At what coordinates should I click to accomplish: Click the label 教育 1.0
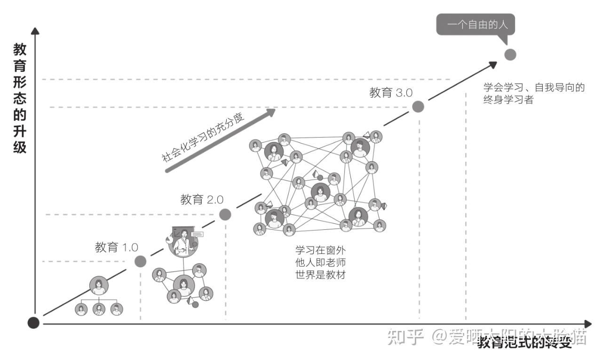coord(116,248)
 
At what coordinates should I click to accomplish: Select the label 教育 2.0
coord(202,200)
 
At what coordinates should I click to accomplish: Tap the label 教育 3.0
coord(391,93)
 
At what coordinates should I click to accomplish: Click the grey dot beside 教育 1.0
coord(141,261)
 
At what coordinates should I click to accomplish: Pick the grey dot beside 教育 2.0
coord(225,215)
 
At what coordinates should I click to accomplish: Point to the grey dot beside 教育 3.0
coord(418,107)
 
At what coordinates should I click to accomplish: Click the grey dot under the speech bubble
coord(510,55)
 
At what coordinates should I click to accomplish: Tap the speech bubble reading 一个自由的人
coord(475,23)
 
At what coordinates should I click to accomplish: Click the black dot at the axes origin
coord(33,323)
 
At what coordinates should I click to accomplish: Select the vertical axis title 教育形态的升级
coord(20,98)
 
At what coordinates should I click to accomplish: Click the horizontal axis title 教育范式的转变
coord(524,343)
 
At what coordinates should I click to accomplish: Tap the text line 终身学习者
coord(508,100)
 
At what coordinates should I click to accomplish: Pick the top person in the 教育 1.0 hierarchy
coord(99,285)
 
